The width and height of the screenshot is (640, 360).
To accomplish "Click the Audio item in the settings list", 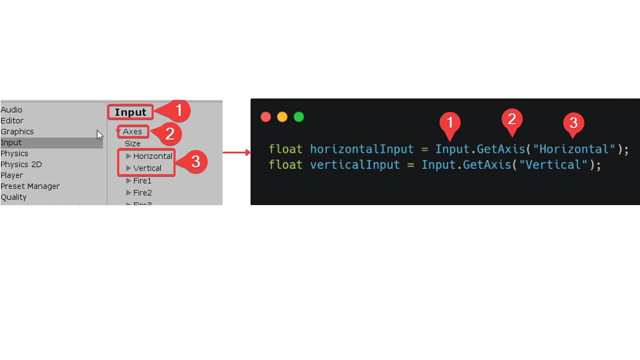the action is pos(11,110).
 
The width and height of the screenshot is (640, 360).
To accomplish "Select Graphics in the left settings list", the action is pos(17,132).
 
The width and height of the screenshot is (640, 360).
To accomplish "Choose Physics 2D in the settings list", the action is pos(21,164).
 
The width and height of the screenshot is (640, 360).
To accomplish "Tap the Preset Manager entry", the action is pos(30,186).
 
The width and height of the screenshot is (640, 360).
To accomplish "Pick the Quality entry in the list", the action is pos(14,197).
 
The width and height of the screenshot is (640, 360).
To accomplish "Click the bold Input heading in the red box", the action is pos(131,112).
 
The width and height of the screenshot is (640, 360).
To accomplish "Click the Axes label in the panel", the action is pos(133,132).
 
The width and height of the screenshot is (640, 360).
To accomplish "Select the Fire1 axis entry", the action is pos(142,181).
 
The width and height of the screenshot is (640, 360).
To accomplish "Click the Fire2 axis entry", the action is pos(142,193).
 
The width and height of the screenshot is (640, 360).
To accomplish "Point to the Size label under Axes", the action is pos(133,143).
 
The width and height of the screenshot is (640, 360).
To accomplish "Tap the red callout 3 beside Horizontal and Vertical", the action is pos(196,162).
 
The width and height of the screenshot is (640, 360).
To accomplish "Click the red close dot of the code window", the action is pos(266,117).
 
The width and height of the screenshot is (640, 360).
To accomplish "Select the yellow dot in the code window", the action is pos(282,117).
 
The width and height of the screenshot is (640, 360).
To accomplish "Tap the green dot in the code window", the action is pos(299,117).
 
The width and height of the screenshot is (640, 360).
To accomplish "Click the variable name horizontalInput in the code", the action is pos(362,149).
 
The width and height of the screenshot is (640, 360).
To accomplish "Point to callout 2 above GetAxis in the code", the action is pos(512,120).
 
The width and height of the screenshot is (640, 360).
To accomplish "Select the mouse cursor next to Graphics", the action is pos(100,135).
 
